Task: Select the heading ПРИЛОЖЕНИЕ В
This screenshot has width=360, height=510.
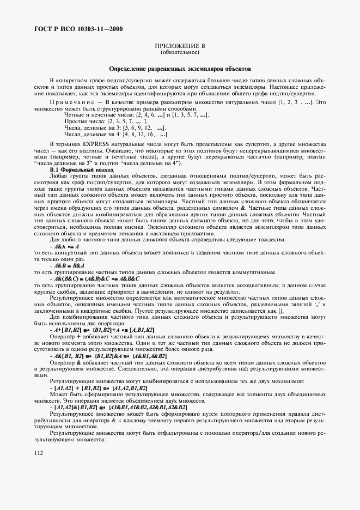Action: pyautogui.click(x=180, y=47)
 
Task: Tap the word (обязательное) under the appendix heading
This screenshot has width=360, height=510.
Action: pyautogui.click(x=180, y=53)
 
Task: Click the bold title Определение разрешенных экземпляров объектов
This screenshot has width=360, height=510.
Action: pyautogui.click(x=180, y=70)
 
